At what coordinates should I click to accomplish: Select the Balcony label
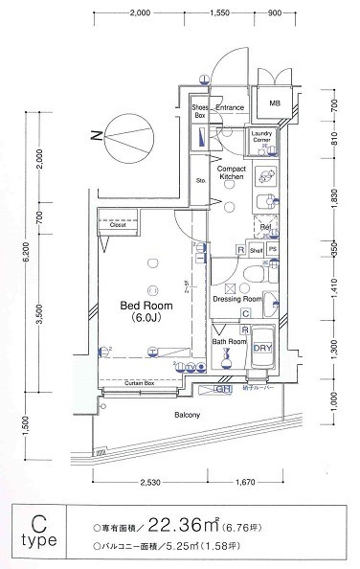coord(187,415)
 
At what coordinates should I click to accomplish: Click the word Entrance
coord(231,108)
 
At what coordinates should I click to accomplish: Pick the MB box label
coord(275,103)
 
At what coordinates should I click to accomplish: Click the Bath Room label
coord(230,341)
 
